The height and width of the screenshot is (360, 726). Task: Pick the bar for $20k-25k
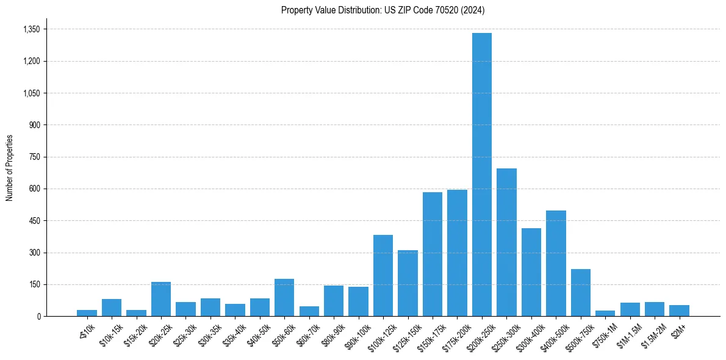[x=161, y=299]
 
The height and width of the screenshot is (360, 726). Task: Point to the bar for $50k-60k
[x=284, y=298]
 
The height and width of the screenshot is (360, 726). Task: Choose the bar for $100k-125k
[x=383, y=276]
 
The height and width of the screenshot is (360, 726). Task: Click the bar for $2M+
[x=679, y=311]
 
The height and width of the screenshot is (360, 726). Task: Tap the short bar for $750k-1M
[x=605, y=313]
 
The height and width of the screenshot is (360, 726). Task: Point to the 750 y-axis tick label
[x=34, y=157]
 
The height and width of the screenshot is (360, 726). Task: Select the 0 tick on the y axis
[x=38, y=316]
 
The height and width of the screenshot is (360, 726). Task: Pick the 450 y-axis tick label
[x=34, y=221]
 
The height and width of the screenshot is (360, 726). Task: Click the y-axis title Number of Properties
[x=9, y=168]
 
